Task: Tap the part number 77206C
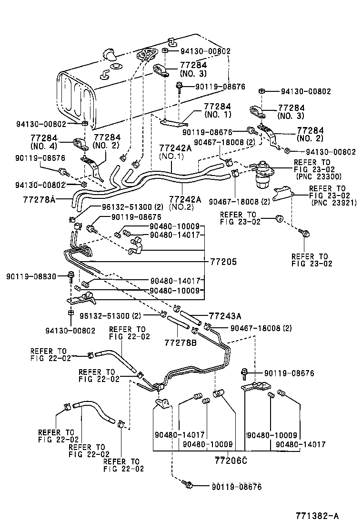[231, 460]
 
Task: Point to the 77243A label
[225, 314]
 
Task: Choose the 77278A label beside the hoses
[39, 199]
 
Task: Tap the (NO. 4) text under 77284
[44, 145]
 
